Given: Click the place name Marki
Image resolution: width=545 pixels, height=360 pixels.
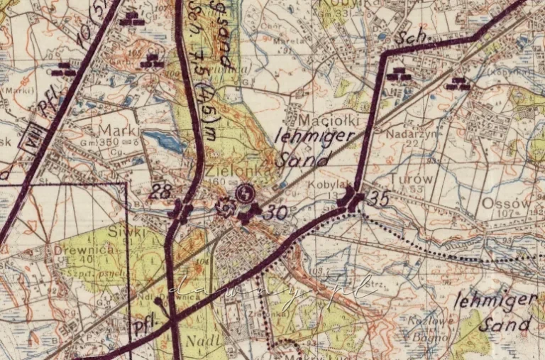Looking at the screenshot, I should coord(116,131).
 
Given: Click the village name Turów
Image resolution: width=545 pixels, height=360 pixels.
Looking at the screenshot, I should coord(411,179).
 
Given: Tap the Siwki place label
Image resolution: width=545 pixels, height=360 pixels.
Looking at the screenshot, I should coord(133,231).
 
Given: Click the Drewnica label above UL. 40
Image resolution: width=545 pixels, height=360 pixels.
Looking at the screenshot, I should coord(77,251).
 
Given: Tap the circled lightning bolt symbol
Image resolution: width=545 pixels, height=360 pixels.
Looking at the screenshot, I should coord(245,192).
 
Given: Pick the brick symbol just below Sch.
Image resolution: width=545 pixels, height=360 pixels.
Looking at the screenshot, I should coord(402,74).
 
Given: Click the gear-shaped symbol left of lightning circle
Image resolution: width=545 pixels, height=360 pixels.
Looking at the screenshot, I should coord(226,207).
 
